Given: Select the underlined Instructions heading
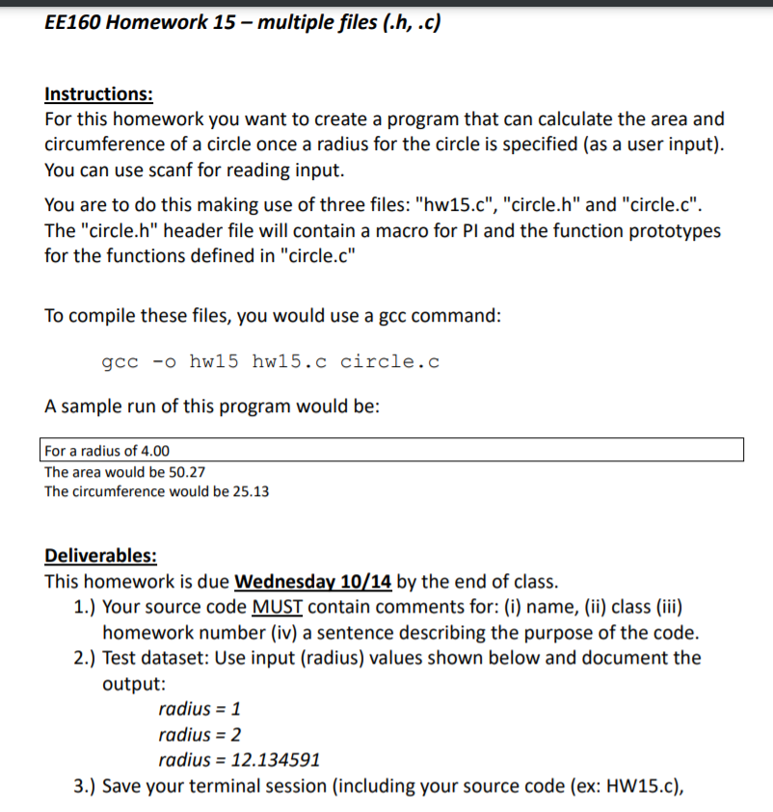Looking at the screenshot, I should pyautogui.click(x=98, y=94).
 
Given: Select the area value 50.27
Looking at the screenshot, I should pyautogui.click(x=184, y=472).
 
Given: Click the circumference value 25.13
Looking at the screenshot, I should pyautogui.click(x=249, y=491).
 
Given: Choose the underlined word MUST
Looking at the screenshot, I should pyautogui.click(x=277, y=608).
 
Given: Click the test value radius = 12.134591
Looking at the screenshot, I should pyautogui.click(x=238, y=760).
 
